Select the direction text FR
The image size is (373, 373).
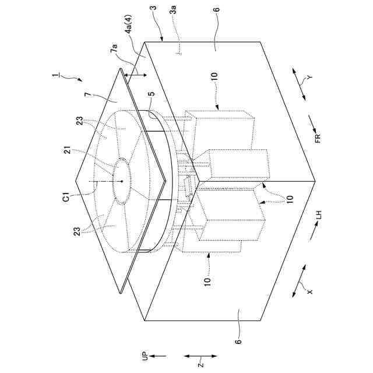[318, 139]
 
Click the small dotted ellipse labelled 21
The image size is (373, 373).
[121, 181]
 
